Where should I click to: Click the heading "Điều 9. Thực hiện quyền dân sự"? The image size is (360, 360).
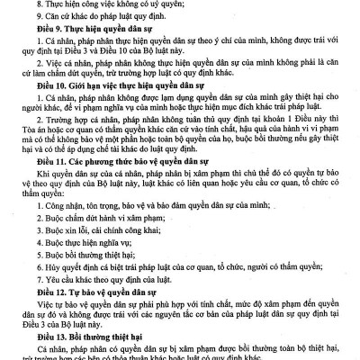(x=89, y=28)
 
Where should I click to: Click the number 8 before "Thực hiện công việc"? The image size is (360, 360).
(x=39, y=4)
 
